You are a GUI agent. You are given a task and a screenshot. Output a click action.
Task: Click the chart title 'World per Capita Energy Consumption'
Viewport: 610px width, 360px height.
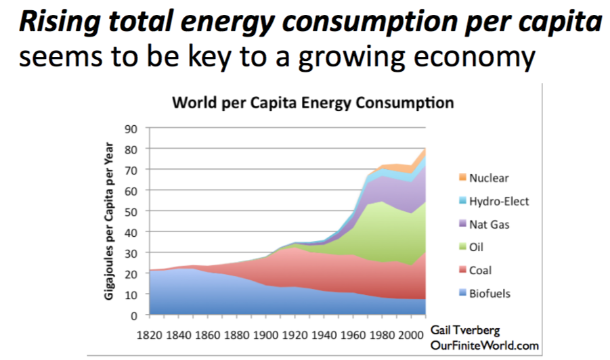313,104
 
